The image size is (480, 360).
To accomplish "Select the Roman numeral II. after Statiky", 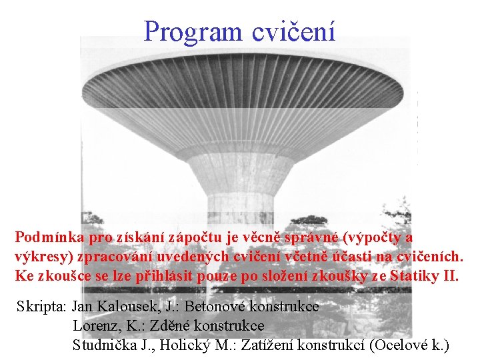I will (451, 276).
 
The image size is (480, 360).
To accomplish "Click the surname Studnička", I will (104, 346).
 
